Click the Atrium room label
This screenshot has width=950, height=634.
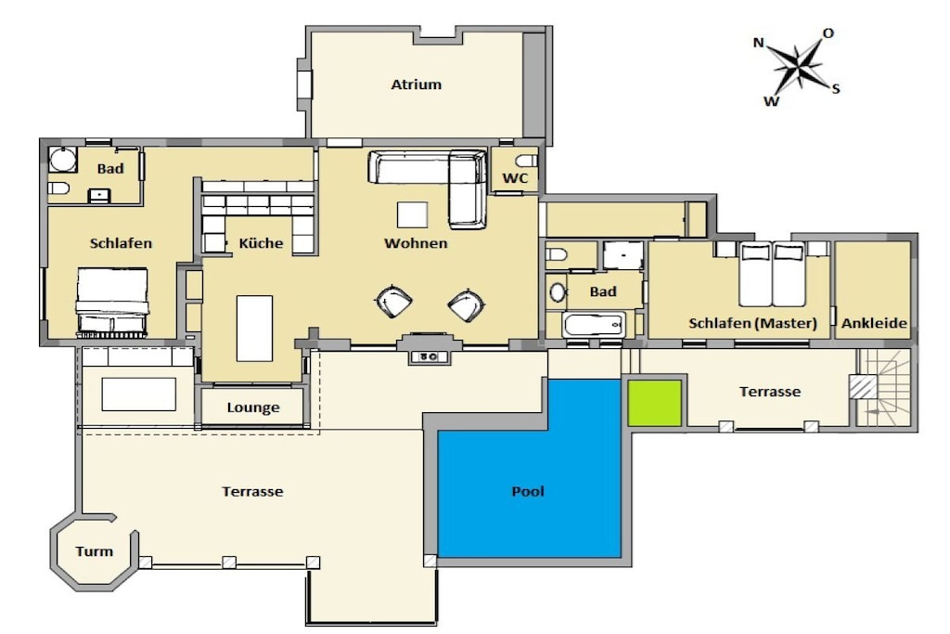[417, 84]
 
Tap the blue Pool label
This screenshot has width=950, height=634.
[528, 491]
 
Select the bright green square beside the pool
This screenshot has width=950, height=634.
[654, 403]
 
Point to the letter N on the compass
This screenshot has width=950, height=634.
[758, 43]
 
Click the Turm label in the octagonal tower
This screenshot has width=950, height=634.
[95, 551]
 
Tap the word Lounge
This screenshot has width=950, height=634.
[253, 408]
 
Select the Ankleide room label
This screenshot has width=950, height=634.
[874, 323]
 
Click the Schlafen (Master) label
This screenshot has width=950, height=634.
[752, 323]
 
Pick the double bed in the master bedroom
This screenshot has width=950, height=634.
[772, 275]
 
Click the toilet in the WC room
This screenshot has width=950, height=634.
[527, 161]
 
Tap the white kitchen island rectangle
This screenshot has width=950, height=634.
[254, 329]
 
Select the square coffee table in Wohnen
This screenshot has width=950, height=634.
[412, 215]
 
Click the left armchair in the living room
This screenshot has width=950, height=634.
[393, 302]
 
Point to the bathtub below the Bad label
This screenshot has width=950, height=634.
[593, 326]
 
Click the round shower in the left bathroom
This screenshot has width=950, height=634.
[63, 160]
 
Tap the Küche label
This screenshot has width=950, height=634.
[261, 243]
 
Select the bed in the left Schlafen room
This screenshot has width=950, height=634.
[112, 303]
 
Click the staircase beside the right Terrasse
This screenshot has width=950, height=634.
[884, 387]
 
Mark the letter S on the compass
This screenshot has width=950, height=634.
[836, 89]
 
